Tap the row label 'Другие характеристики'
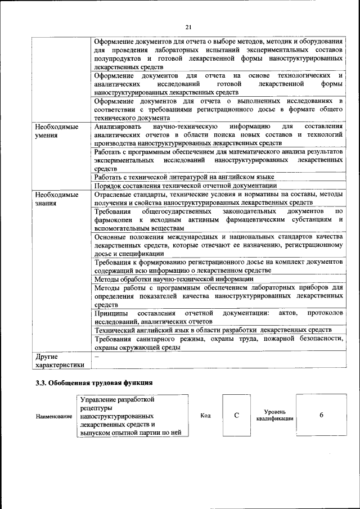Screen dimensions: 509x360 60,361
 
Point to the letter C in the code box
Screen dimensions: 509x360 237,415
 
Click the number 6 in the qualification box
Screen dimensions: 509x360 321,415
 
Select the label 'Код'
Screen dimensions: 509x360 205,416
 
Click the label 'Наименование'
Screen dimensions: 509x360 54,416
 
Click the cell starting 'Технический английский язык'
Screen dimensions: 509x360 213,330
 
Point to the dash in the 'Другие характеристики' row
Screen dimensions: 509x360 96,356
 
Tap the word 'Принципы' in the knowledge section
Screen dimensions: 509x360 110,313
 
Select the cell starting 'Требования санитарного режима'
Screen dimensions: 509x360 218,343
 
